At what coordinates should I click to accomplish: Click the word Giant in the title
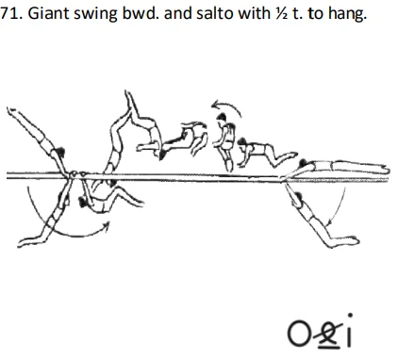[43, 14]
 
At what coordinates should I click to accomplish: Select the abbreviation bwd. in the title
[134, 14]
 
